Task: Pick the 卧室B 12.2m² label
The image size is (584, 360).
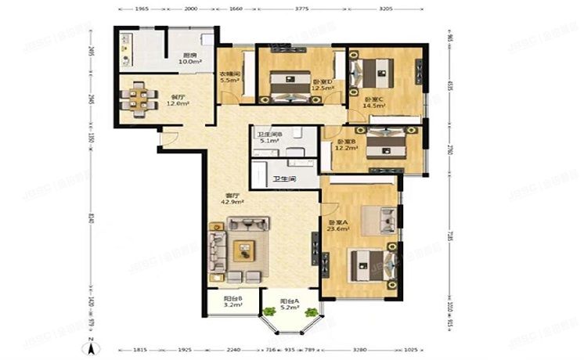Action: pyautogui.click(x=345, y=146)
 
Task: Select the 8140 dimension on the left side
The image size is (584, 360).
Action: pyautogui.click(x=92, y=220)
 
